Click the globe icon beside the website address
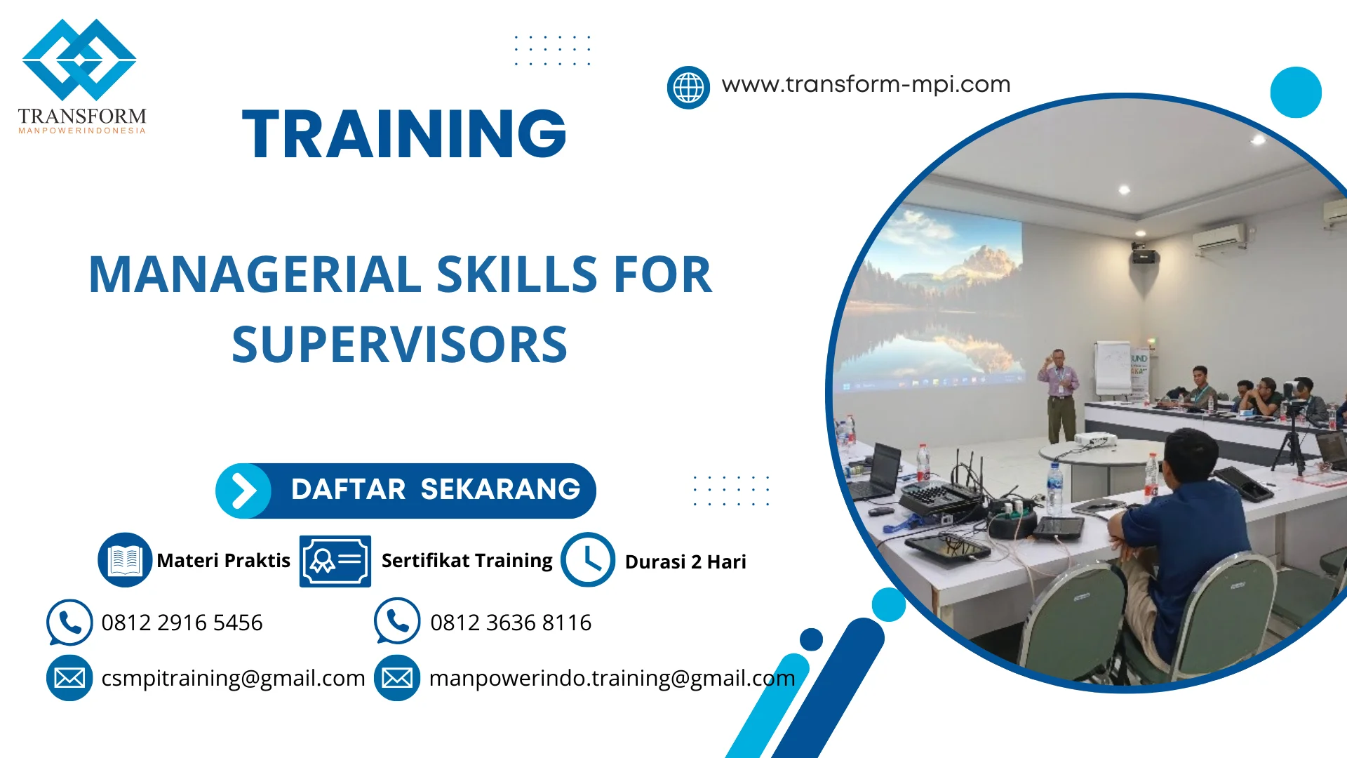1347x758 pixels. (688, 88)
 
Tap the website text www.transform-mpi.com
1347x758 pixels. (866, 85)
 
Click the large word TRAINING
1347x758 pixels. (404, 134)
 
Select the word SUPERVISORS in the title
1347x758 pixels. (399, 345)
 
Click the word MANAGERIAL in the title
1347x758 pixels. (254, 274)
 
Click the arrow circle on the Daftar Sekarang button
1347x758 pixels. (243, 491)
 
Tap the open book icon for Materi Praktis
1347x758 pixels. (125, 559)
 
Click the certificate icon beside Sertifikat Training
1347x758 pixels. (335, 561)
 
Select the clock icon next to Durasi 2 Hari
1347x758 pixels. (587, 559)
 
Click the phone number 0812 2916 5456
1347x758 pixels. (182, 623)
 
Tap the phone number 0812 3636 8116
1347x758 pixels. (511, 623)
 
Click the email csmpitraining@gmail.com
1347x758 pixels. (233, 678)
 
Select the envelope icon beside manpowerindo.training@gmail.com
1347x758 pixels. (397, 678)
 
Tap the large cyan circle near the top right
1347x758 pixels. (1296, 92)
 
